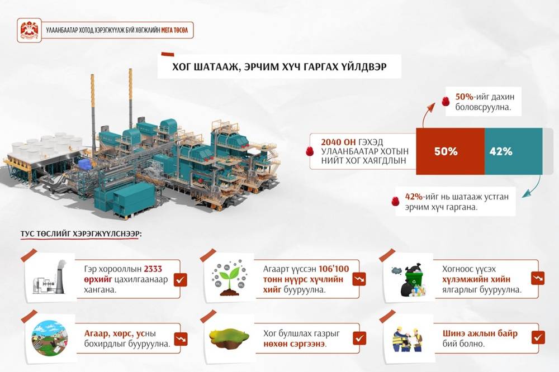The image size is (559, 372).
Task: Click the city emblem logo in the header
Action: pyautogui.click(x=29, y=30)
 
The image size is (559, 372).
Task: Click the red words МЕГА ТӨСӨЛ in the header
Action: pyautogui.click(x=174, y=30)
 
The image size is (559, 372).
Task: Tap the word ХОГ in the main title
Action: pyautogui.click(x=181, y=66)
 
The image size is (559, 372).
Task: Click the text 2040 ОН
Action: pyautogui.click(x=338, y=142)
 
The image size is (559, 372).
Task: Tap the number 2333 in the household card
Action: pyautogui.click(x=153, y=269)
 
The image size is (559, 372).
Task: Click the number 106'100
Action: pyautogui.click(x=334, y=269)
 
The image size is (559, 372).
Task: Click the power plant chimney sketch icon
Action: pyautogui.click(x=50, y=277)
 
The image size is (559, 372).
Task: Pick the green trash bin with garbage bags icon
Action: pyautogui.click(x=409, y=280)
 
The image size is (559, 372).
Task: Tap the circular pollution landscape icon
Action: pyautogui.click(x=50, y=338)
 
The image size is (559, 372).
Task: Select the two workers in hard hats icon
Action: pyautogui.click(x=407, y=338)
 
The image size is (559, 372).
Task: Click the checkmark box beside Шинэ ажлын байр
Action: pyautogui.click(x=538, y=337)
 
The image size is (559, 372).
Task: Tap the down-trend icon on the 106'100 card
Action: pyautogui.click(x=359, y=279)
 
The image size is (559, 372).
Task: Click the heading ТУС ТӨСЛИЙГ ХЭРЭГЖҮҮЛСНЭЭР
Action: pyautogui.click(x=80, y=233)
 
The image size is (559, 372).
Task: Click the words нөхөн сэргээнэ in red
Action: pyautogui.click(x=295, y=344)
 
